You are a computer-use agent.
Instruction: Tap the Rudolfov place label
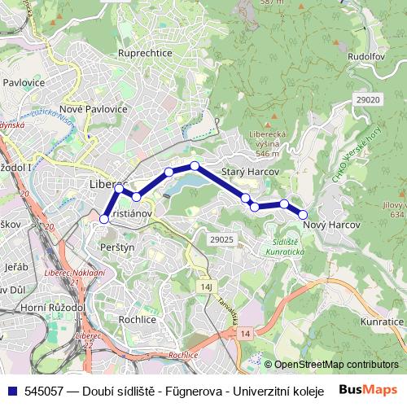(x=365, y=57)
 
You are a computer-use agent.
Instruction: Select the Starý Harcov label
(x=251, y=173)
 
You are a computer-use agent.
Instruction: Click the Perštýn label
(x=119, y=245)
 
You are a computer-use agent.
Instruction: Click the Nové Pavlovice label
(x=94, y=108)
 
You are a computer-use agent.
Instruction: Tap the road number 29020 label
(x=368, y=99)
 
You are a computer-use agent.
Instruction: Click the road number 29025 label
(x=221, y=239)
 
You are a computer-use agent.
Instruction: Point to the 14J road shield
(x=205, y=287)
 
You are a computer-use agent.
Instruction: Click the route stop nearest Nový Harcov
(x=303, y=214)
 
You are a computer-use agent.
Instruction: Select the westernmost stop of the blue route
(x=104, y=218)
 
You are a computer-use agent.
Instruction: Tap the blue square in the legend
(x=11, y=390)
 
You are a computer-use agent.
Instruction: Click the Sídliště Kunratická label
(x=284, y=247)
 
